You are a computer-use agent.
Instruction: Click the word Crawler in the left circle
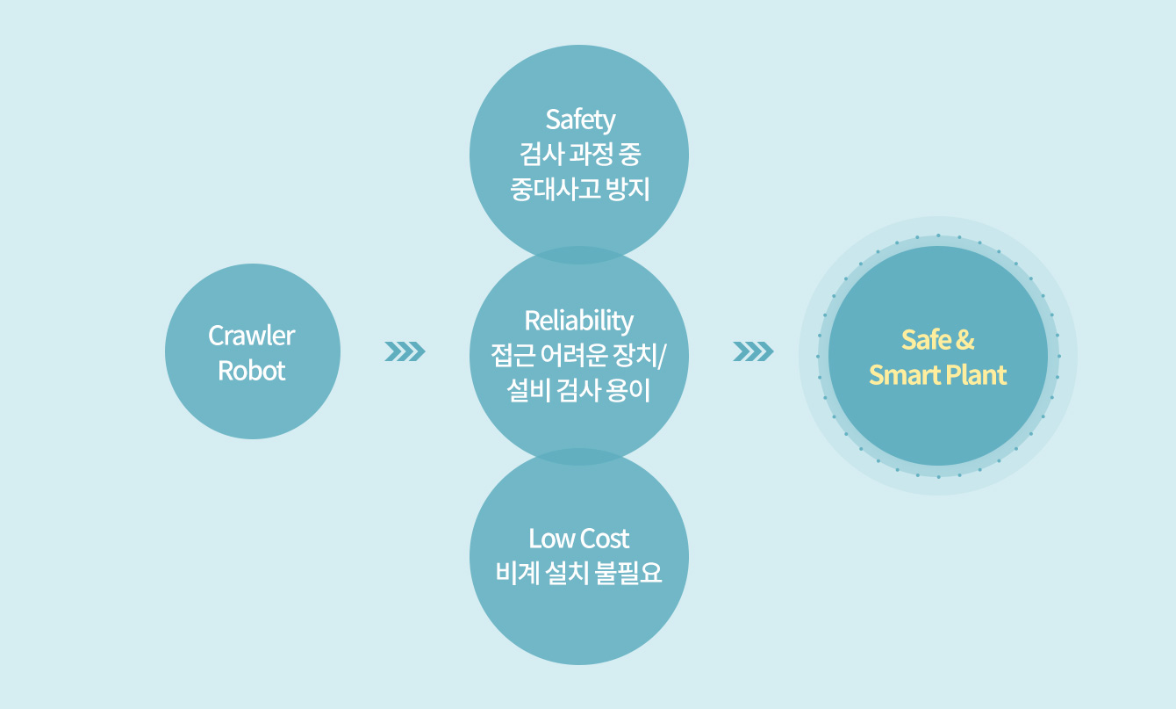click(252, 336)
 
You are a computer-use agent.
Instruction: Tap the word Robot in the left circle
click(252, 371)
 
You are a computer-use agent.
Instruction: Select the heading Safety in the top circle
click(580, 119)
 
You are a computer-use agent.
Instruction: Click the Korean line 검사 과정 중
click(580, 155)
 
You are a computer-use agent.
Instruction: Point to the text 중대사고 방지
click(580, 190)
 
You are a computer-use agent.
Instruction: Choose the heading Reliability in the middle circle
click(579, 320)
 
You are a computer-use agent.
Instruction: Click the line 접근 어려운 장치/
click(579, 356)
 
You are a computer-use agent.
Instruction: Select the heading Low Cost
click(579, 538)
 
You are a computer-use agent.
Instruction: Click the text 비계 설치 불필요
click(579, 574)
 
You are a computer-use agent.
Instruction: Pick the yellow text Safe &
click(938, 340)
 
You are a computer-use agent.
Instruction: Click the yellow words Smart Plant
click(938, 376)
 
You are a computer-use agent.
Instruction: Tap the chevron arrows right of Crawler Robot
click(405, 352)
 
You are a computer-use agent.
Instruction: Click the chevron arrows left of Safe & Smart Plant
click(753, 352)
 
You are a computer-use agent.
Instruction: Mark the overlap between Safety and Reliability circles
click(579, 256)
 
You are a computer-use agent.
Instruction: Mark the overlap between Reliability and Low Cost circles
click(579, 457)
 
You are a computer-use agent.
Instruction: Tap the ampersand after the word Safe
click(965, 340)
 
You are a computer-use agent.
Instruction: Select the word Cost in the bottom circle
click(605, 538)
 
